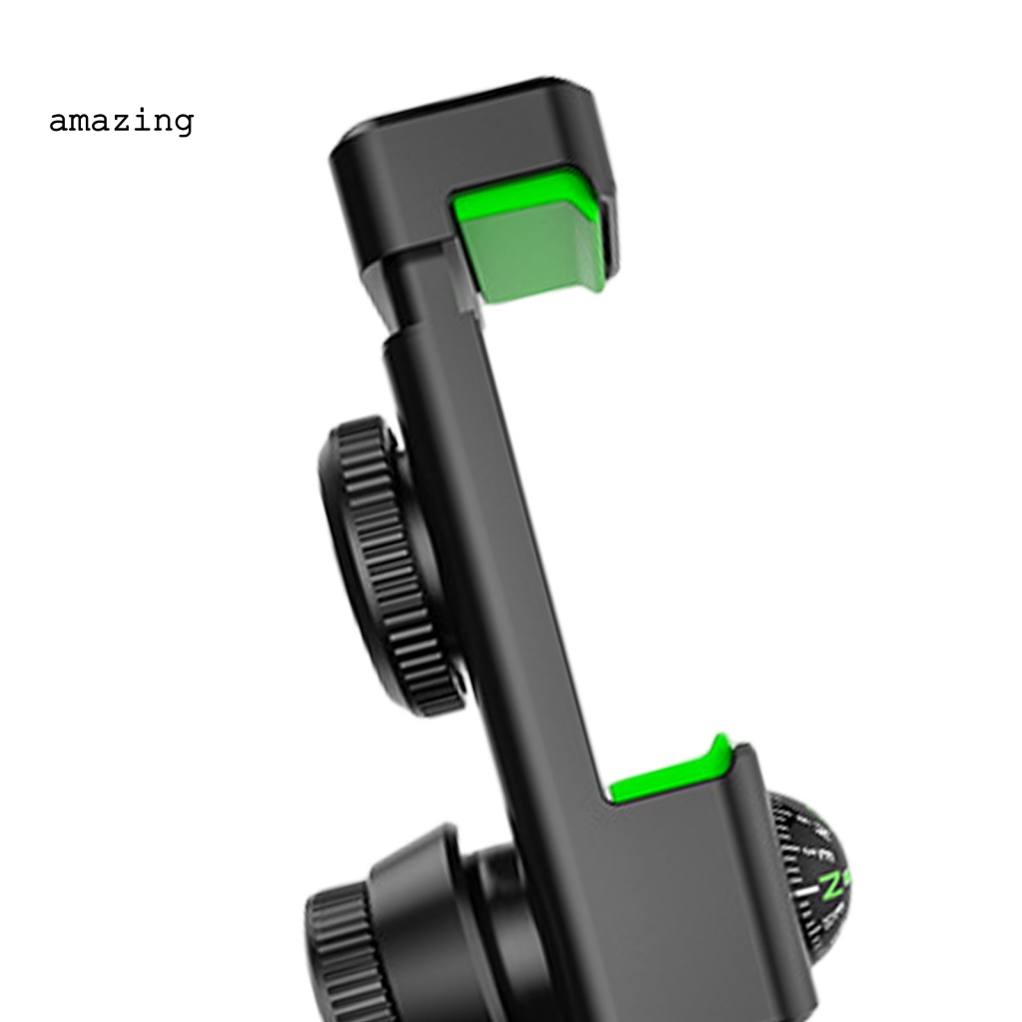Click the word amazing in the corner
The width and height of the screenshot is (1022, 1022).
coord(121,122)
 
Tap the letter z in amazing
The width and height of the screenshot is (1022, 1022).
coord(121,122)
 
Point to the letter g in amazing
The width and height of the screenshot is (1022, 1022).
coord(182,125)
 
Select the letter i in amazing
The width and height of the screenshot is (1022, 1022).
coord(142,120)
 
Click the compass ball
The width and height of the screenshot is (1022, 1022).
coord(813,878)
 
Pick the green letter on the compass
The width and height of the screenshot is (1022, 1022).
coord(830,884)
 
